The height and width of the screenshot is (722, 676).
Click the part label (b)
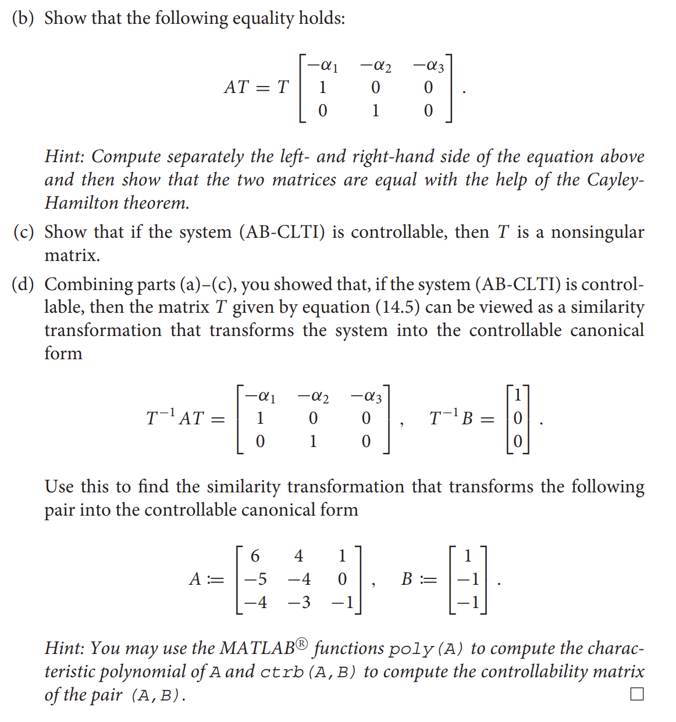point(23,19)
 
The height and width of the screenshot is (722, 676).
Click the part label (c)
point(23,233)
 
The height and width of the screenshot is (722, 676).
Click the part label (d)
point(23,284)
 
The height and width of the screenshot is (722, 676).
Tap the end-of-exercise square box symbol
point(637,694)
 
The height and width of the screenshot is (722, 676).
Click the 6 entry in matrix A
point(255,556)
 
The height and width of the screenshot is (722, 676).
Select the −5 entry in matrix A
point(255,579)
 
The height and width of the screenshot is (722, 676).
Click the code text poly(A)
point(426,649)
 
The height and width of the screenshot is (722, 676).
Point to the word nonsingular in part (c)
point(597,233)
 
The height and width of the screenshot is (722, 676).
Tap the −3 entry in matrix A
point(298,602)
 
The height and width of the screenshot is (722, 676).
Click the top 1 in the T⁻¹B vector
point(518,395)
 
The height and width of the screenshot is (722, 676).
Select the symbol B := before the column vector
point(419,580)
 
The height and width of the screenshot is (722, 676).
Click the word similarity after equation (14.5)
point(607,307)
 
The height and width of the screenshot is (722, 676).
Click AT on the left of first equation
point(237,87)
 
